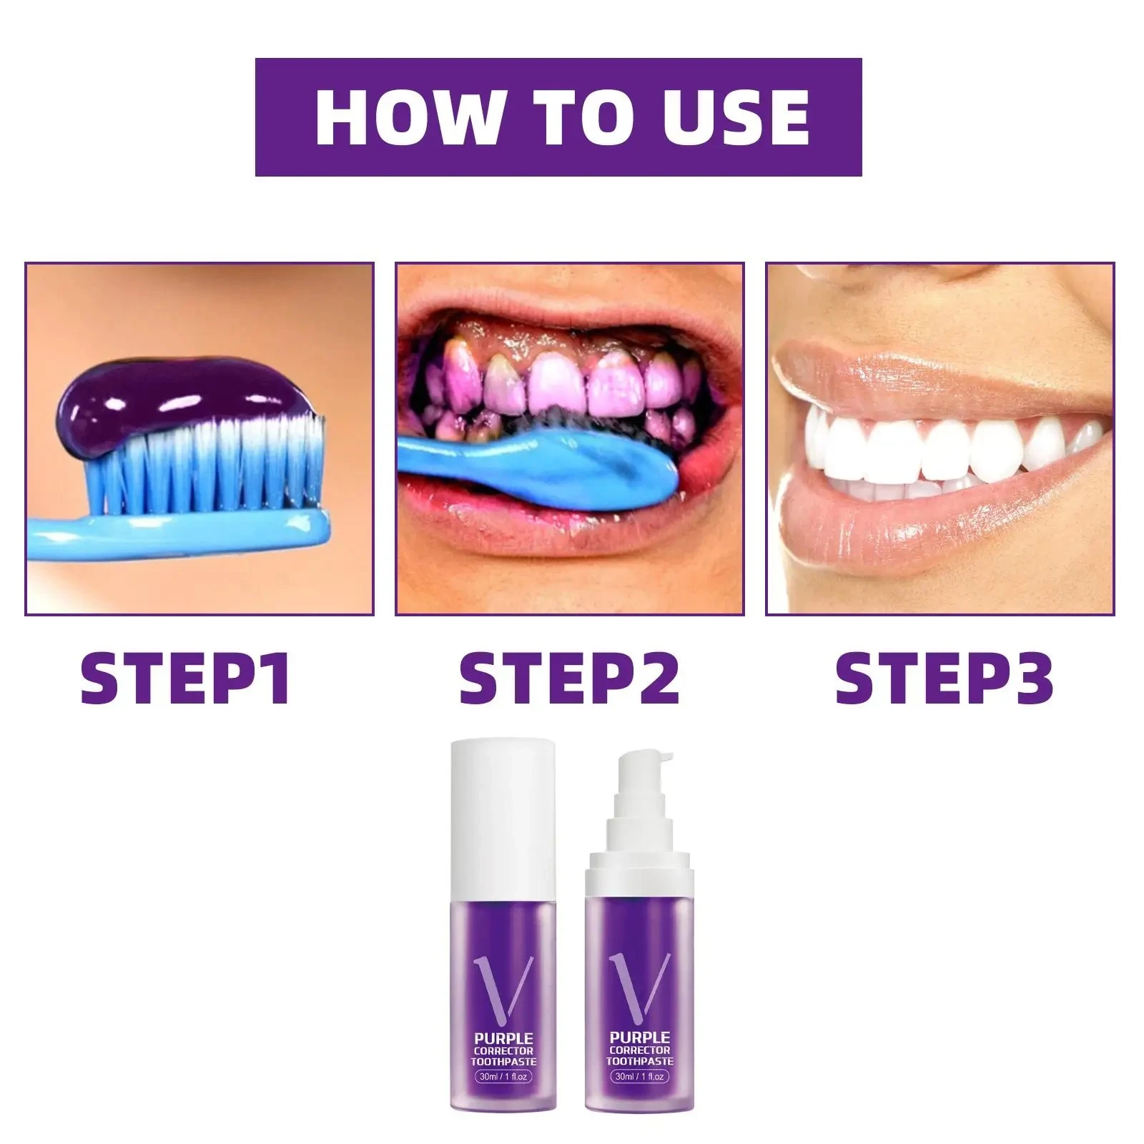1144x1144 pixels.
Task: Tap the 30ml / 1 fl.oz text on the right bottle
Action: (638, 1075)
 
